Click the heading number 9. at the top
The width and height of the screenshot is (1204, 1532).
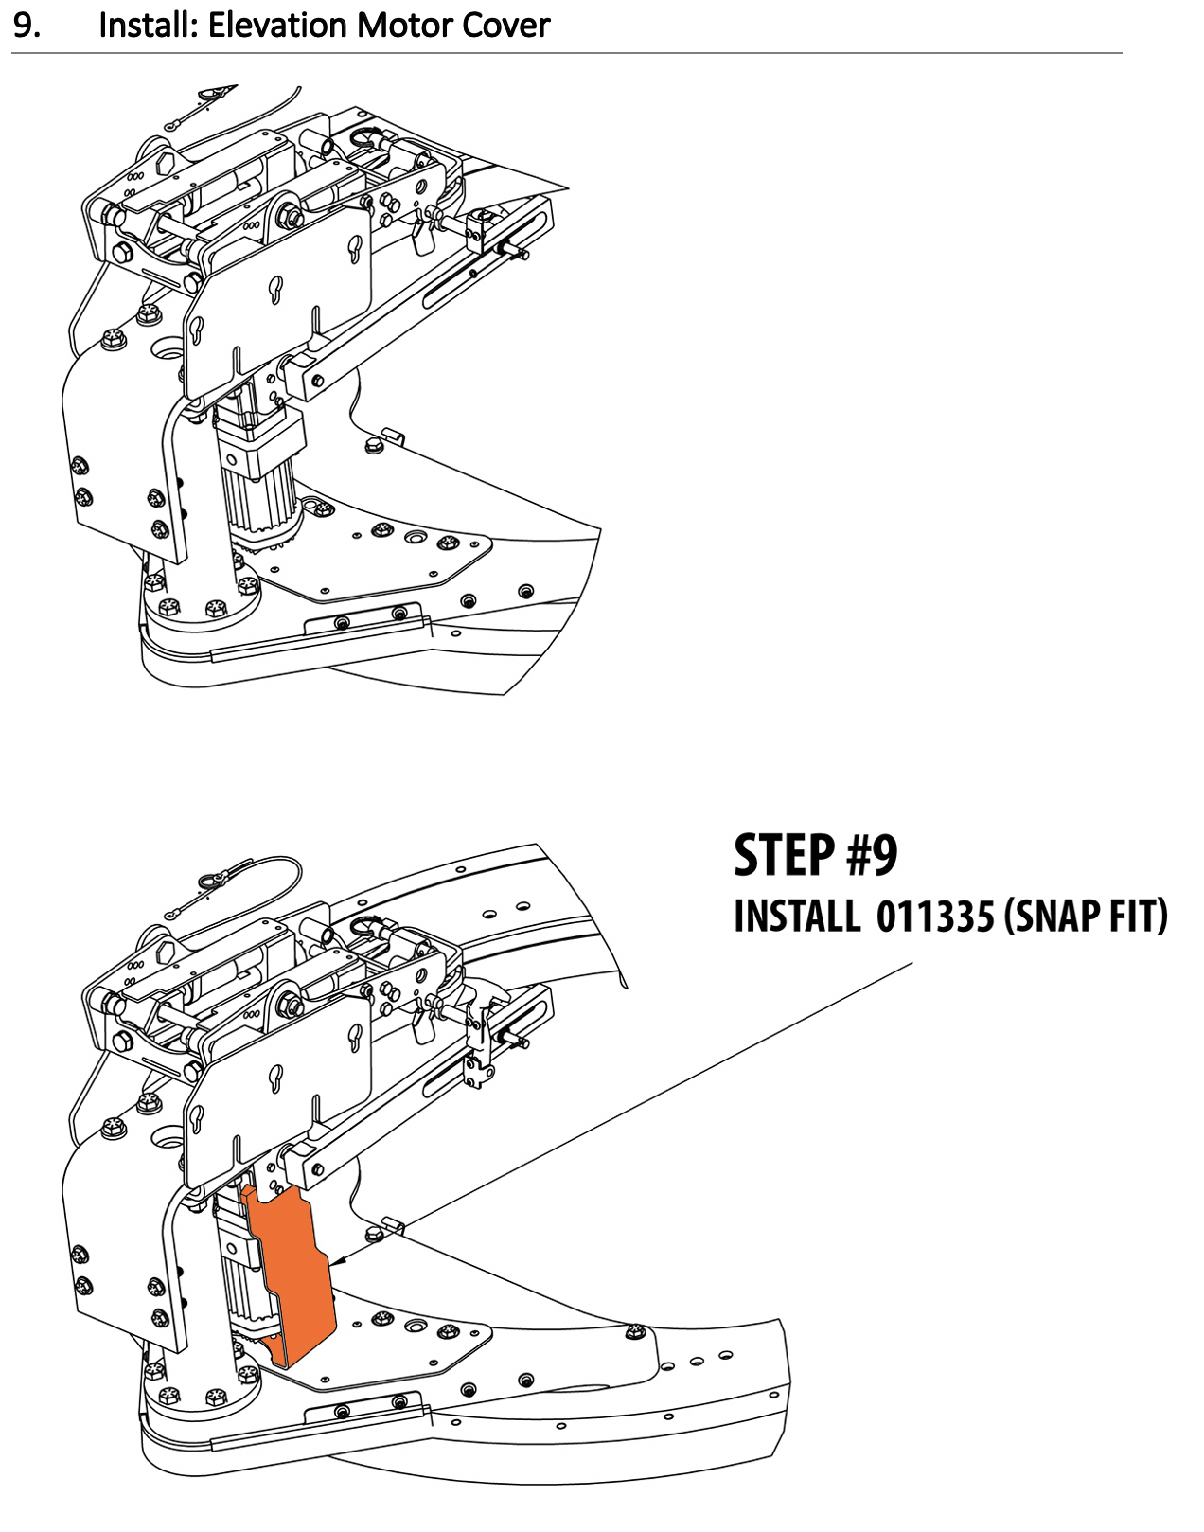pyautogui.click(x=27, y=26)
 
